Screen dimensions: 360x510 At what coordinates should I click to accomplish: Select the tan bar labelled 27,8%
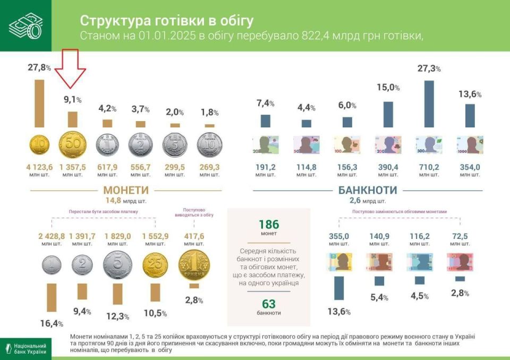pyautogui.click(x=39, y=104)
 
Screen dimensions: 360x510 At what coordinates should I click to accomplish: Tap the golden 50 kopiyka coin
pyautogui.click(x=72, y=144)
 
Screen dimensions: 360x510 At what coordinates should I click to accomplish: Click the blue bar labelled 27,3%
pyautogui.click(x=429, y=104)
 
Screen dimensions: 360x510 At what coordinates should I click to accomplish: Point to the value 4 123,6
pyautogui.click(x=39, y=167)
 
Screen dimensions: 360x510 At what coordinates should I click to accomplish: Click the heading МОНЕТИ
pyautogui.click(x=126, y=190)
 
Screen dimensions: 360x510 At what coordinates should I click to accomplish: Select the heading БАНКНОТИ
pyautogui.click(x=368, y=190)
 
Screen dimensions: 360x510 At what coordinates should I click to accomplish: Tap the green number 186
pyautogui.click(x=268, y=224)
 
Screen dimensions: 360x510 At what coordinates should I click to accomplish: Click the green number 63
pyautogui.click(x=268, y=304)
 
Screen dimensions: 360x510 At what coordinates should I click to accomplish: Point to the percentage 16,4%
pyautogui.click(x=52, y=323)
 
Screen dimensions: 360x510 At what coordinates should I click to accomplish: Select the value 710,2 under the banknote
pyautogui.click(x=429, y=167)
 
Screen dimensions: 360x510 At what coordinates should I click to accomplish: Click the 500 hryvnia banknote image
pyautogui.click(x=429, y=144)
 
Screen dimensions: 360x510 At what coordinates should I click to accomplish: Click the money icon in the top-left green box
pyautogui.click(x=25, y=25)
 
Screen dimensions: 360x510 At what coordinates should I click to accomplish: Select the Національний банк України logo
pyautogui.click(x=25, y=348)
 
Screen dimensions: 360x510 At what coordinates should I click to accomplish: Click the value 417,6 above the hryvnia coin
pyautogui.click(x=194, y=236)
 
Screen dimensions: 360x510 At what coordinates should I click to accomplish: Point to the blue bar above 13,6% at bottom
pyautogui.click(x=338, y=288)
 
